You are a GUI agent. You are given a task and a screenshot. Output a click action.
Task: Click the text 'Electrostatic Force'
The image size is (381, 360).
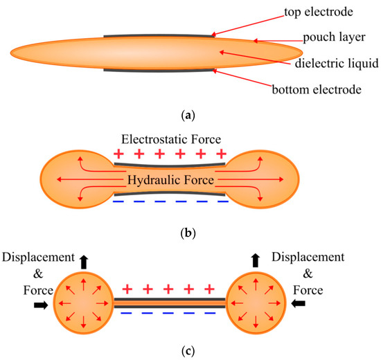(x=170, y=139)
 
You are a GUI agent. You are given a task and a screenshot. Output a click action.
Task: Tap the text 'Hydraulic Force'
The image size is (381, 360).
(x=170, y=180)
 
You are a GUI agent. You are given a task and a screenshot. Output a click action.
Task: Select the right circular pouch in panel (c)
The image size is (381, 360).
(x=257, y=303)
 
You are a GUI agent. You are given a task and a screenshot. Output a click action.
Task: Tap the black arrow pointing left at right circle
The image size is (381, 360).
(x=300, y=303)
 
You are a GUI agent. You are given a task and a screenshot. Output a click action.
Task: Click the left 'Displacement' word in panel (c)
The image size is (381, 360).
(x=37, y=258)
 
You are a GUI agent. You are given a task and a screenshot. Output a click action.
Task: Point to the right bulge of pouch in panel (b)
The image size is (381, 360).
(x=264, y=179)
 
